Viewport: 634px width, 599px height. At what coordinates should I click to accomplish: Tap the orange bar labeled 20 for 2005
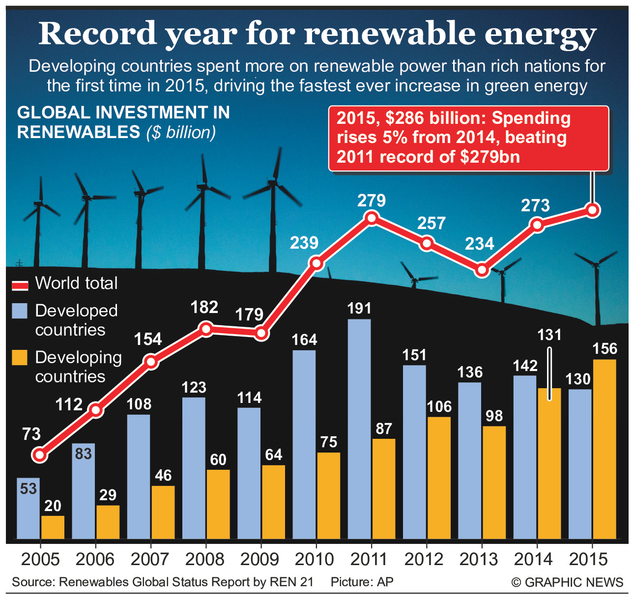[53, 527]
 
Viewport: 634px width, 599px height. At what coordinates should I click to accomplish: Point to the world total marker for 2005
[40, 455]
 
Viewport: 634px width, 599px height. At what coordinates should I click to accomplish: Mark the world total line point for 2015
[593, 210]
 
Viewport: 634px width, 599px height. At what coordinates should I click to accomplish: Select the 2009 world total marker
[261, 334]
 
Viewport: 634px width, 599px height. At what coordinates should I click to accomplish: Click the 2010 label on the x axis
[315, 559]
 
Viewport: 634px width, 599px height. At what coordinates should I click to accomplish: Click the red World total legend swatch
[20, 285]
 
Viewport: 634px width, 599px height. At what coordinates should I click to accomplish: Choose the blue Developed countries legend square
[20, 311]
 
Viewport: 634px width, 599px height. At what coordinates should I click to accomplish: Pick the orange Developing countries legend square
[20, 357]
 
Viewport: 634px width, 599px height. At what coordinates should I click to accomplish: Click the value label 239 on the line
[304, 243]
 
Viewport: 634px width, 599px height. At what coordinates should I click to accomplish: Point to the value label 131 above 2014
[549, 335]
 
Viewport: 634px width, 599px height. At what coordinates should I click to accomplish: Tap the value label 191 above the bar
[359, 309]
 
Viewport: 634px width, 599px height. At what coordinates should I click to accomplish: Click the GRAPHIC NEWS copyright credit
[568, 582]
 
